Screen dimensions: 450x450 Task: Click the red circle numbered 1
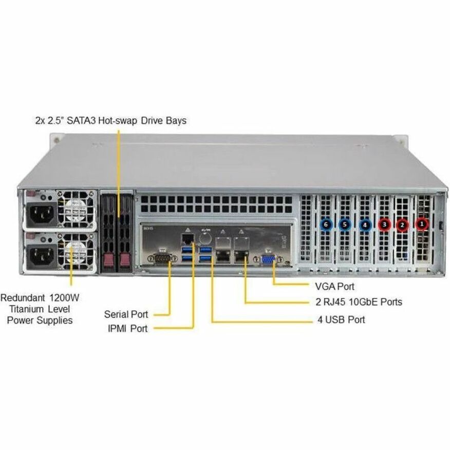[422, 223]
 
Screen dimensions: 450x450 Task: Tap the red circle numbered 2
[402, 224]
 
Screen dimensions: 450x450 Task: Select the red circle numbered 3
[384, 224]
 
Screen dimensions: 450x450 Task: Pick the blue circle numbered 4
[365, 224]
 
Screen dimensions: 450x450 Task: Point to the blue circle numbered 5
[345, 224]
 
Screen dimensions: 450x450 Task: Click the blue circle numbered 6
[325, 224]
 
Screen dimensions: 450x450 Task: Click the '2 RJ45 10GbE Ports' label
[359, 302]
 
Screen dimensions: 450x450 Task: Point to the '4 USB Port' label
[342, 320]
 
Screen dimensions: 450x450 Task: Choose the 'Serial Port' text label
[126, 314]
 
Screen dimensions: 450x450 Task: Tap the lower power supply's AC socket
[44, 254]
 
